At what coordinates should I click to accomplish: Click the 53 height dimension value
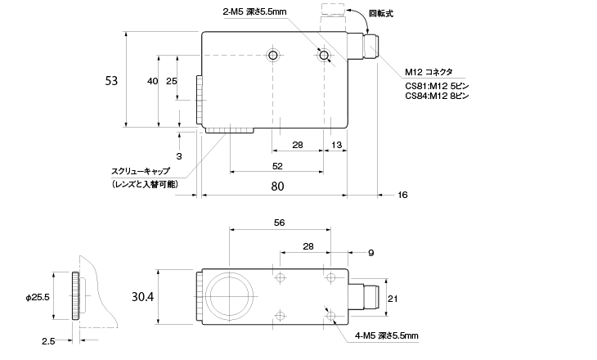(111, 81)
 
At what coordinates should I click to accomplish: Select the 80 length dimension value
(277, 187)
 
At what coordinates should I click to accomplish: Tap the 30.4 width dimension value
(143, 296)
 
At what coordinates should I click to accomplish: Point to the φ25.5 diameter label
(38, 297)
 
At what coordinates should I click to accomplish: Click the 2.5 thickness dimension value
(48, 341)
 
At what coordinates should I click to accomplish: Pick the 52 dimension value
(277, 166)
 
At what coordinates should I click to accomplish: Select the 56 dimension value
(279, 223)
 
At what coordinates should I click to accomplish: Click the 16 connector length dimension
(402, 195)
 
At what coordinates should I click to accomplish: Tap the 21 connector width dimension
(393, 299)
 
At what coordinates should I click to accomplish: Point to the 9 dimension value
(371, 253)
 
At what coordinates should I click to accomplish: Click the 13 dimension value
(337, 145)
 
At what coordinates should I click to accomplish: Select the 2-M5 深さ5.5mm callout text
(254, 11)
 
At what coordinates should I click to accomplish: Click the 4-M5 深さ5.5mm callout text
(387, 335)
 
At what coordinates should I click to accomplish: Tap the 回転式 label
(381, 14)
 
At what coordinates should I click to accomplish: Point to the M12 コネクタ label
(429, 72)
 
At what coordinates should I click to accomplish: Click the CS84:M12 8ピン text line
(437, 96)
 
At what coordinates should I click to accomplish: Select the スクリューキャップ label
(141, 171)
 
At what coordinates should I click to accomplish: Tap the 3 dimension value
(179, 156)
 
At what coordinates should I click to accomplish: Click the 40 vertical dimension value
(152, 81)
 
